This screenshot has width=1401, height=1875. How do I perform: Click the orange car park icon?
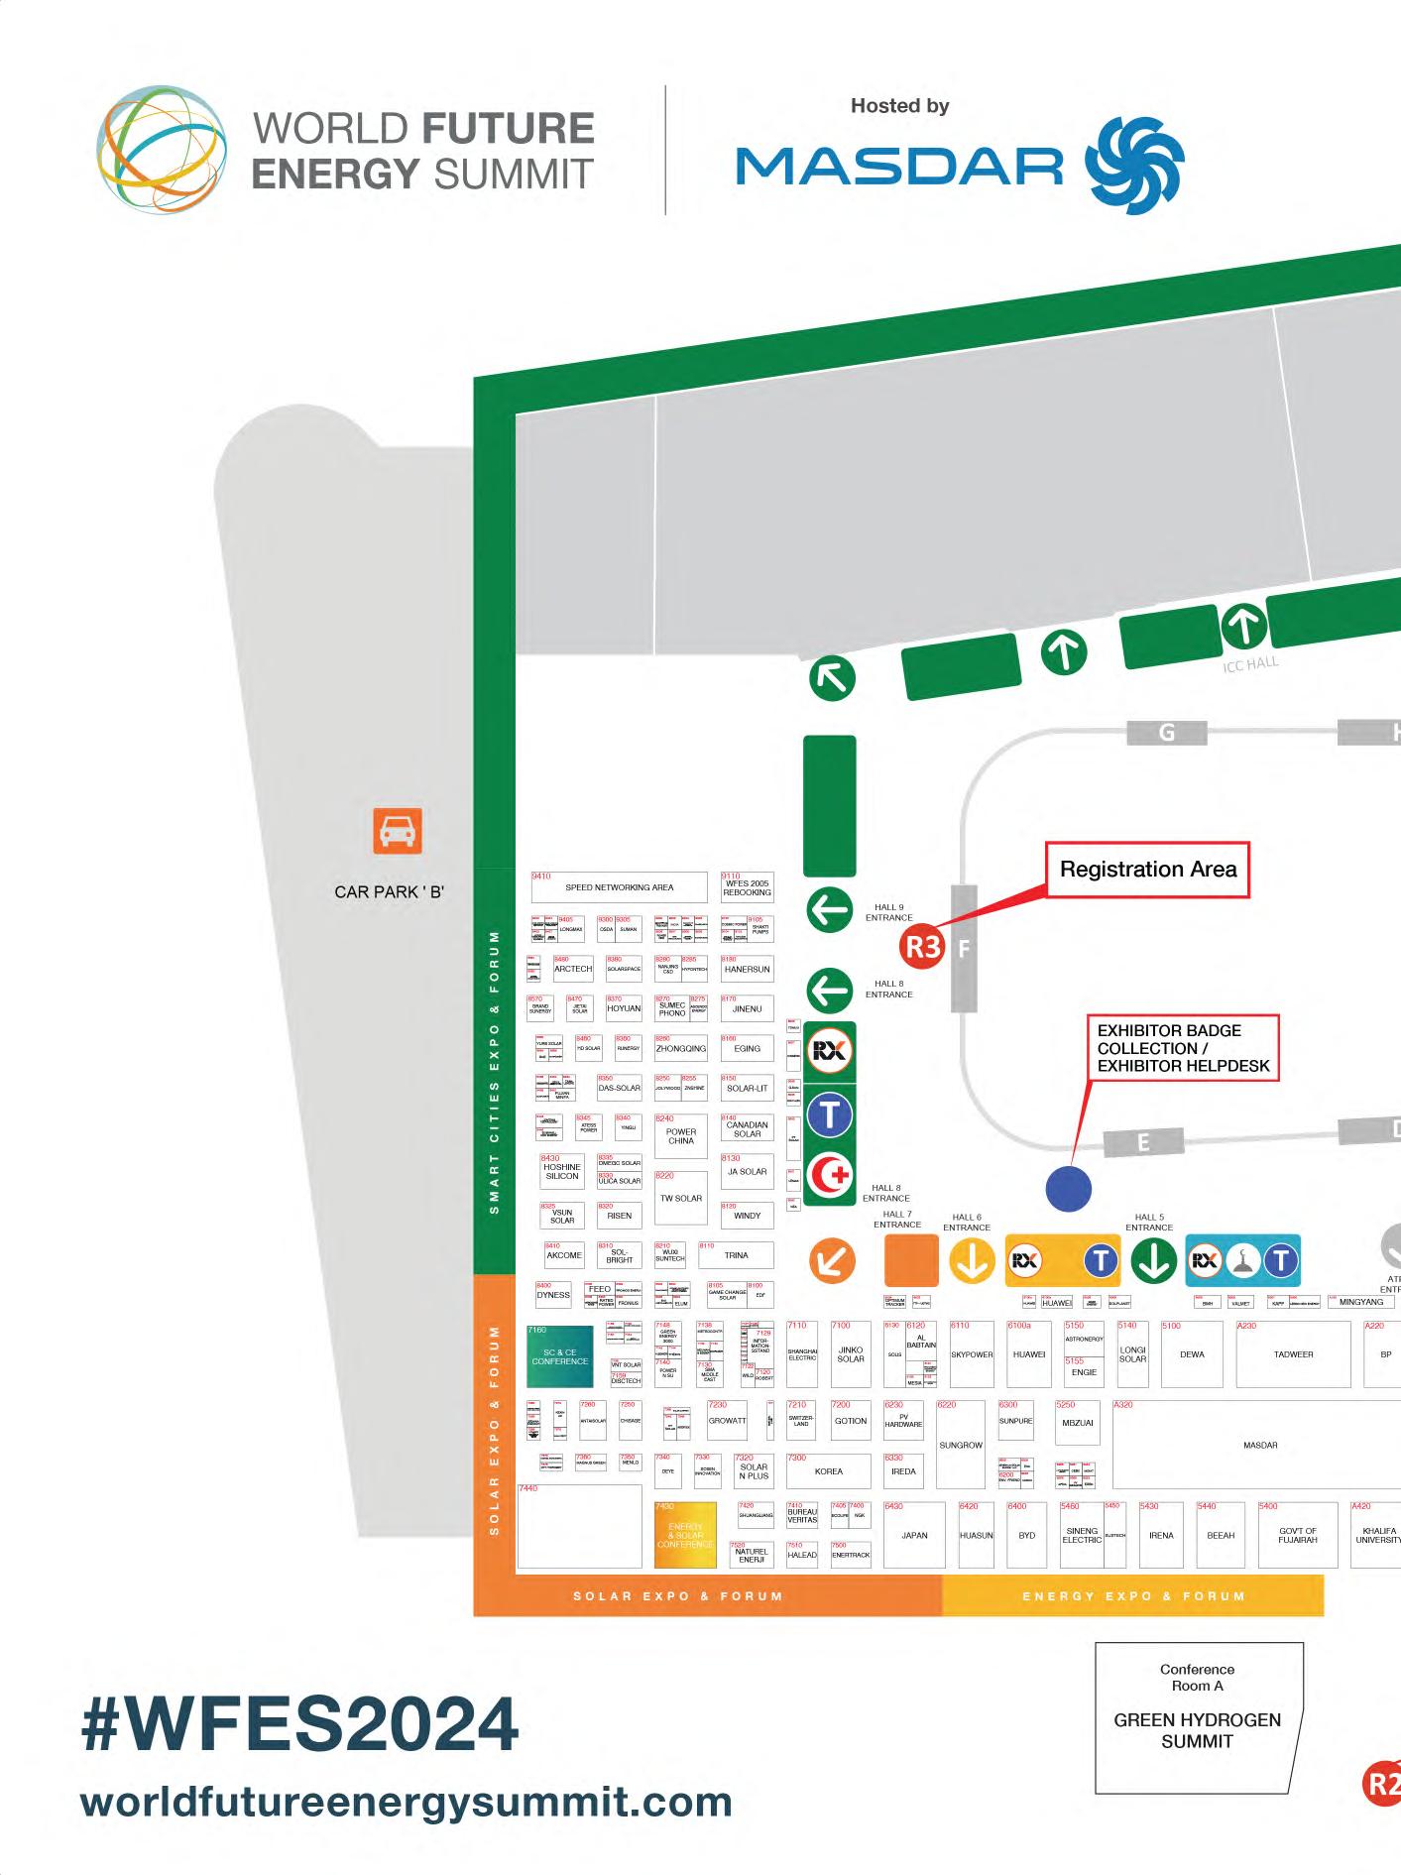[x=398, y=831]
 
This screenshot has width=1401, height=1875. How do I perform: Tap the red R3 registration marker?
[x=923, y=947]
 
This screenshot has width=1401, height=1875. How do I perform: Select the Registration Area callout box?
[x=1147, y=870]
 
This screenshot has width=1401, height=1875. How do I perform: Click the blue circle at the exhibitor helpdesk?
[x=1069, y=1188]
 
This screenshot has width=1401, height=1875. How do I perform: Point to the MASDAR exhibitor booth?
[x=1259, y=1445]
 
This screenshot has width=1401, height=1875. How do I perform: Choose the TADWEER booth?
[x=1293, y=1353]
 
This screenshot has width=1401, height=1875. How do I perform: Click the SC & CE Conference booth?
[x=560, y=1356]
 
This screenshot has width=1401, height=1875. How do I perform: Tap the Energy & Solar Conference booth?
[x=685, y=1536]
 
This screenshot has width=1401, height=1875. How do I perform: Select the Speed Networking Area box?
[x=620, y=887]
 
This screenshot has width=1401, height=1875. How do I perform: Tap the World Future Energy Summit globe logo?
[x=162, y=150]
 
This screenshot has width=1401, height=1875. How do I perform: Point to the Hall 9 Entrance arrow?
[x=830, y=910]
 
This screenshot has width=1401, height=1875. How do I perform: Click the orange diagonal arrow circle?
[x=832, y=1261]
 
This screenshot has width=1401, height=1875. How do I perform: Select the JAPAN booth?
[x=914, y=1535]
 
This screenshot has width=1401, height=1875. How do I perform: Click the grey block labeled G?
[x=1167, y=733]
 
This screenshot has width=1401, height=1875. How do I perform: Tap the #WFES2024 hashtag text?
[x=299, y=1724]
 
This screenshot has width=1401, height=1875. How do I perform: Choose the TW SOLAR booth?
[x=681, y=1198]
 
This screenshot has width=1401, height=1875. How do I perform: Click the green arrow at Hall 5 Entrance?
[x=1153, y=1260]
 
